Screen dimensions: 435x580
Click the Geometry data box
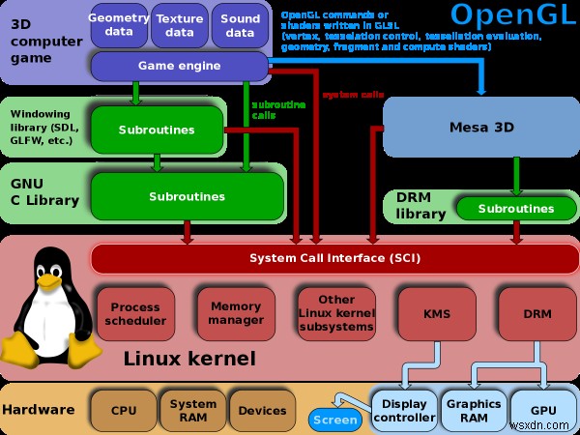[118, 25]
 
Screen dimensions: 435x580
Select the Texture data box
[180, 25]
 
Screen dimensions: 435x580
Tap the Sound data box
[240, 25]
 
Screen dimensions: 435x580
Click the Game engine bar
[178, 67]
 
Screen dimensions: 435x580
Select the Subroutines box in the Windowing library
[157, 129]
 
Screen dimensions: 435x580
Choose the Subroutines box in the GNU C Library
[187, 196]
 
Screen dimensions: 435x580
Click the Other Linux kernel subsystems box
[335, 313]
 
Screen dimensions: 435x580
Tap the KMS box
[437, 313]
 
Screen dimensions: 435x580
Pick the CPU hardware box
[123, 409]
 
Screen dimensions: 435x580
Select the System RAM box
[193, 409]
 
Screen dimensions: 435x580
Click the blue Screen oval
[335, 420]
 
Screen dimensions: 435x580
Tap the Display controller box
[404, 411]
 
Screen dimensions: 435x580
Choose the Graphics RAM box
[473, 411]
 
